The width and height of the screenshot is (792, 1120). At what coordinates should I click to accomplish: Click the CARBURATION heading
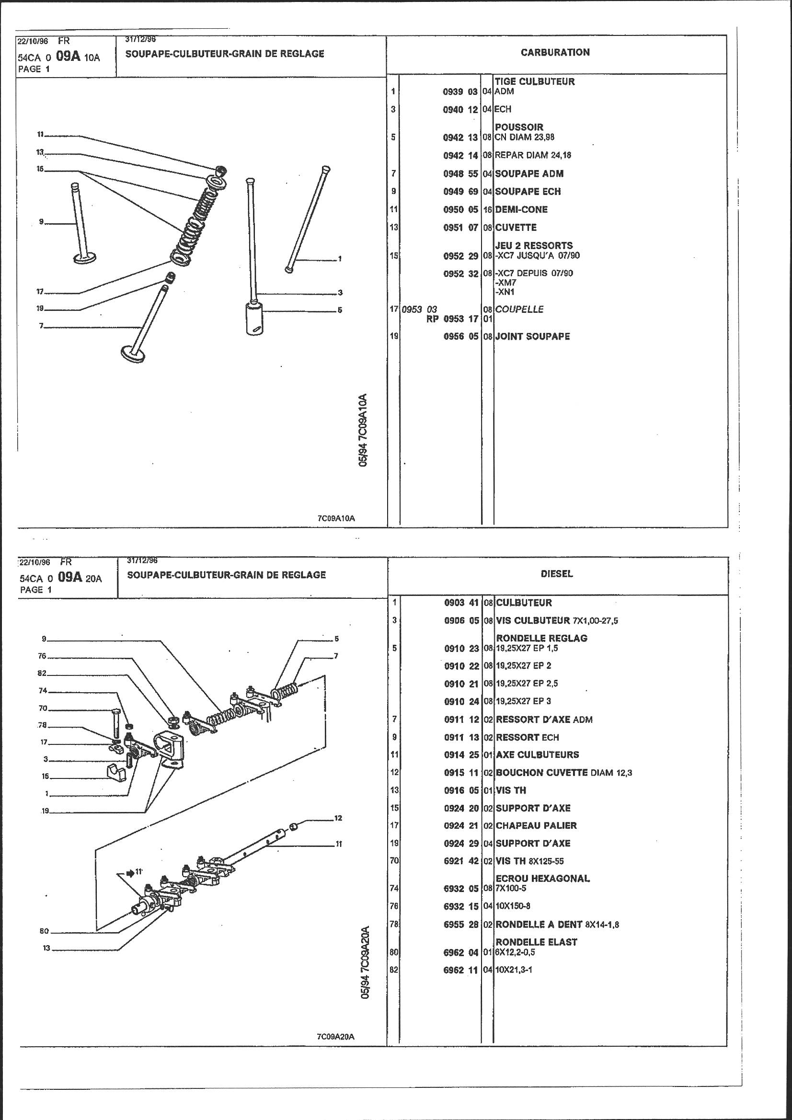point(555,52)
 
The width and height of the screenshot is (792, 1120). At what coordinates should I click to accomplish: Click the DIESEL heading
point(556,574)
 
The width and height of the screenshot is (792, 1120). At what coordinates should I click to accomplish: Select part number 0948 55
point(460,174)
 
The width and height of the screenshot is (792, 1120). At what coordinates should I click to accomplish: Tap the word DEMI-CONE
point(521,209)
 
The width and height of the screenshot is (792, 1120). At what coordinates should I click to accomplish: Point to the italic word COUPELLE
point(519,309)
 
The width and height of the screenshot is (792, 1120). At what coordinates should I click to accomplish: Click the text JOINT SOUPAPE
point(532,336)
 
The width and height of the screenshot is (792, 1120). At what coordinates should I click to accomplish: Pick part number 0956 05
point(460,336)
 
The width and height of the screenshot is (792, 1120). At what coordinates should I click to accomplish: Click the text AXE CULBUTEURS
point(537,754)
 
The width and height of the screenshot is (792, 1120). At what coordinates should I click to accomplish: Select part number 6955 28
point(461,925)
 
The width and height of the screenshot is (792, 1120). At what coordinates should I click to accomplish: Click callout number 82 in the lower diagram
point(42,673)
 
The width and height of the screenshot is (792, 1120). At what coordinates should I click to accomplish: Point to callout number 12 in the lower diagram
point(338,818)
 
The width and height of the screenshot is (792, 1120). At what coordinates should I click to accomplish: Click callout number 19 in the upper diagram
point(40,309)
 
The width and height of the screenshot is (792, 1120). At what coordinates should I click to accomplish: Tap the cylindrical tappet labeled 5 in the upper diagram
point(254,319)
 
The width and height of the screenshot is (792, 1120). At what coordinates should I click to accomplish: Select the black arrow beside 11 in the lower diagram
point(130,873)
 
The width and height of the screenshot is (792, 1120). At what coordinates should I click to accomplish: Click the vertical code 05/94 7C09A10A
point(363,431)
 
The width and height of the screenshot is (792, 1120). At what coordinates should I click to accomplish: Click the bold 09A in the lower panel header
point(69,577)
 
